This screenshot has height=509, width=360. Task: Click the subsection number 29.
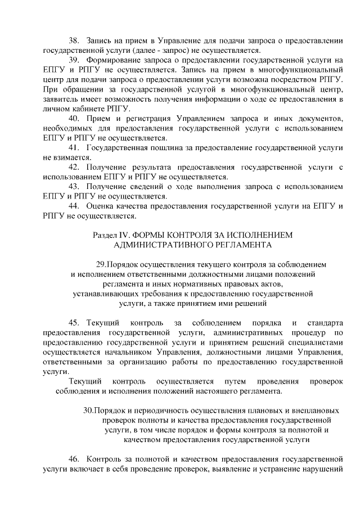click(x=102, y=264)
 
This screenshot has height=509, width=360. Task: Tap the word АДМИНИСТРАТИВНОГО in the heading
click(x=159, y=245)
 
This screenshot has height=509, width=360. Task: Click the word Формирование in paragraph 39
click(x=114, y=60)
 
